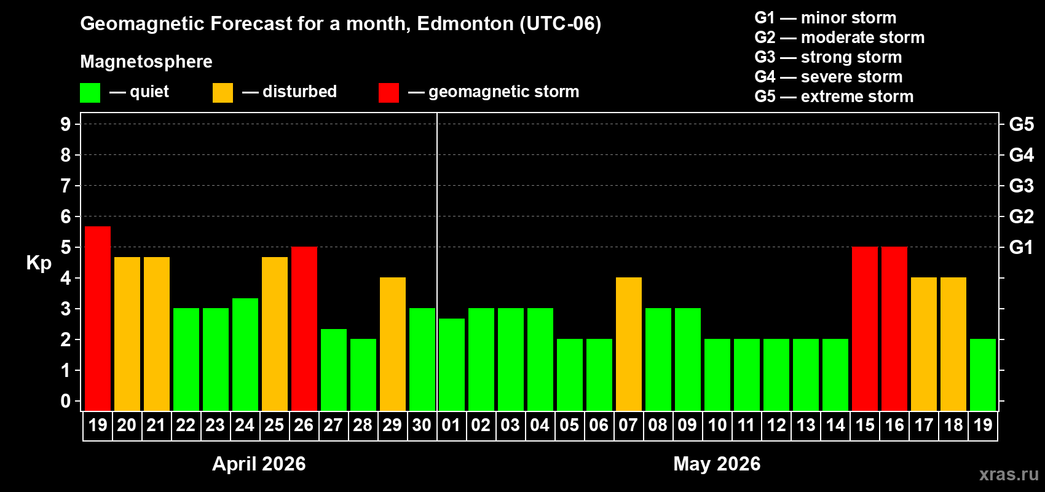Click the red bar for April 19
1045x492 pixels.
(x=98, y=319)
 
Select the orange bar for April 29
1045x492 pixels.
(x=393, y=344)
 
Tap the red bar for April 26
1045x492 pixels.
(x=304, y=328)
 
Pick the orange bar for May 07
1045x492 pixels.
(x=629, y=344)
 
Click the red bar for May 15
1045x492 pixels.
(x=865, y=328)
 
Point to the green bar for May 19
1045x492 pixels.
(x=983, y=375)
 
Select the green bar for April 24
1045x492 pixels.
(x=245, y=354)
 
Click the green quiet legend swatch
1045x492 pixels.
(x=90, y=93)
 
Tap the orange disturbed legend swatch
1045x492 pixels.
(x=223, y=93)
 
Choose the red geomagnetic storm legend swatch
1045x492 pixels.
(x=388, y=93)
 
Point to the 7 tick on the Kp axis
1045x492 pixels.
(x=66, y=186)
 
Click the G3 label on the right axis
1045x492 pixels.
(x=1021, y=186)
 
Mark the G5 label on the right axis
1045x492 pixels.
(x=1021, y=124)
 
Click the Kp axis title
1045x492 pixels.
(x=39, y=263)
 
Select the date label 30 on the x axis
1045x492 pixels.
(x=422, y=426)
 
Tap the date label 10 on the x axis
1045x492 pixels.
(x=717, y=426)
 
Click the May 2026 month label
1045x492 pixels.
(x=717, y=464)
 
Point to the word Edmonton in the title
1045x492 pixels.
(x=465, y=24)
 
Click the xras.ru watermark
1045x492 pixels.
(x=1009, y=474)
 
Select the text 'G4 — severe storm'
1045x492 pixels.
(x=828, y=77)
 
